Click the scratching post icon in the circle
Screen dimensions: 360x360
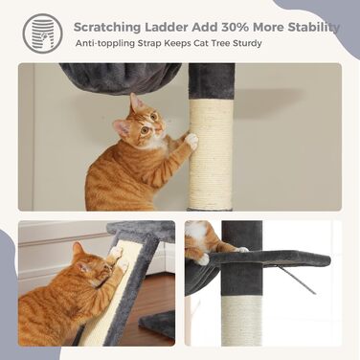[41, 31]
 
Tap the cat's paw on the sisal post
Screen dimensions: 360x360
[191, 140]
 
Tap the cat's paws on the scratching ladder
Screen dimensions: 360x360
[119, 257]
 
